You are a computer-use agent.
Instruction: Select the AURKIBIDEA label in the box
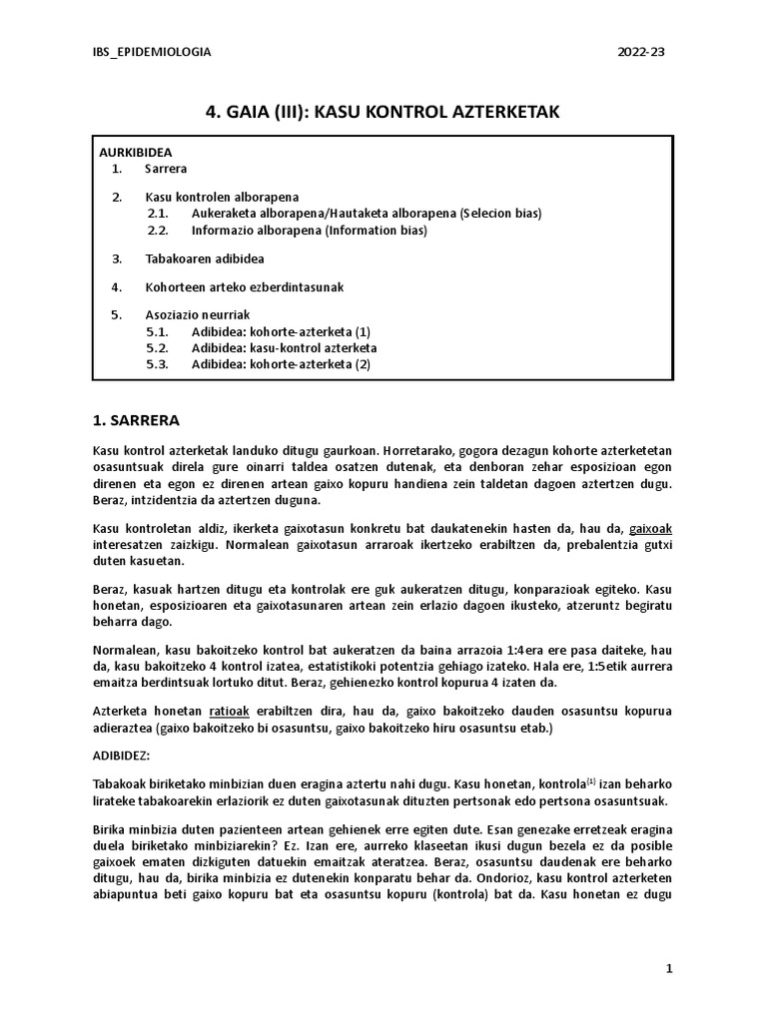pyautogui.click(x=136, y=153)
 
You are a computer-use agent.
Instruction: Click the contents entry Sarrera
pyautogui.click(x=166, y=170)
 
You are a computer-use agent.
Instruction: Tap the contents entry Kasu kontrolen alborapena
pyautogui.click(x=222, y=197)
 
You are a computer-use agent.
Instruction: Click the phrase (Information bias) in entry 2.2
pyautogui.click(x=377, y=231)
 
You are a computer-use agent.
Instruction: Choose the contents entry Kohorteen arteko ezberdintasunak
pyautogui.click(x=245, y=286)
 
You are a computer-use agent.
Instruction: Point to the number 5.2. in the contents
pyautogui.click(x=158, y=348)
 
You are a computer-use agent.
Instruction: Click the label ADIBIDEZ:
pyautogui.click(x=123, y=757)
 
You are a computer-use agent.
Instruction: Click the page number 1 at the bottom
pyautogui.click(x=669, y=969)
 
